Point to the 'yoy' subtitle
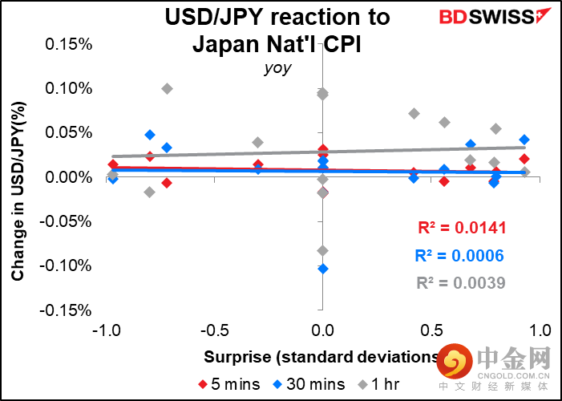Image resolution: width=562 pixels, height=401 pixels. [x=277, y=68]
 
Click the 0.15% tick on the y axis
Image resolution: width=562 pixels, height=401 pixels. [x=69, y=43]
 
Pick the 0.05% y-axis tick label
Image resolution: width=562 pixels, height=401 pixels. [x=69, y=132]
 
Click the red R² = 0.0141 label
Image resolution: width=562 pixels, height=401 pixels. [x=463, y=229]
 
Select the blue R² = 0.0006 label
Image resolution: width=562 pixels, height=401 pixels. [x=460, y=256]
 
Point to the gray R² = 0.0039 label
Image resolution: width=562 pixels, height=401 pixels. [x=461, y=282]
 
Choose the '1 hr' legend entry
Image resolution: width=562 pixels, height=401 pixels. [x=378, y=384]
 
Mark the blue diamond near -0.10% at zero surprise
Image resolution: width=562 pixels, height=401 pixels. [x=323, y=269]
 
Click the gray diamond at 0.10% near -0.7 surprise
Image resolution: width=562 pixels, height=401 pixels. [x=167, y=88]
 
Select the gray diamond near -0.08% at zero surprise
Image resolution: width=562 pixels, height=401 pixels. [x=323, y=251]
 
